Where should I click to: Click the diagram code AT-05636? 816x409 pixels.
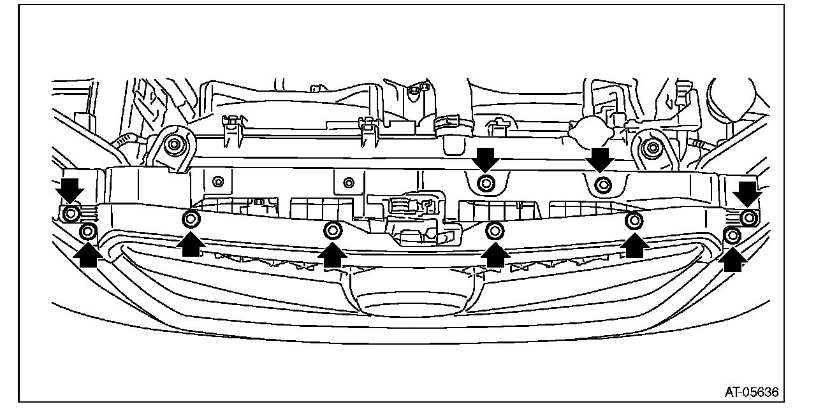751,391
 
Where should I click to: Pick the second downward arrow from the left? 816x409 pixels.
486,159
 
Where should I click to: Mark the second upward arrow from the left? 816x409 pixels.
190,244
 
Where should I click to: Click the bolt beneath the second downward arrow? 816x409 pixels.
486,183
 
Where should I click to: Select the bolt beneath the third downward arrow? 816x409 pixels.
602,186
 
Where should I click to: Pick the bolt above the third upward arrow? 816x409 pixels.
332,230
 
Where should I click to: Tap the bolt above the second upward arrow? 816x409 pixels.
191,220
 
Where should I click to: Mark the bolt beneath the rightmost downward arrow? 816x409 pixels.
749,217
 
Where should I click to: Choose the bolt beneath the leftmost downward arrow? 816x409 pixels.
71,213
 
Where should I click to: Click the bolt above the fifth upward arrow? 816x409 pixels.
634,221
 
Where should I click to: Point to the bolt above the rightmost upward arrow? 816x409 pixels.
733,236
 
